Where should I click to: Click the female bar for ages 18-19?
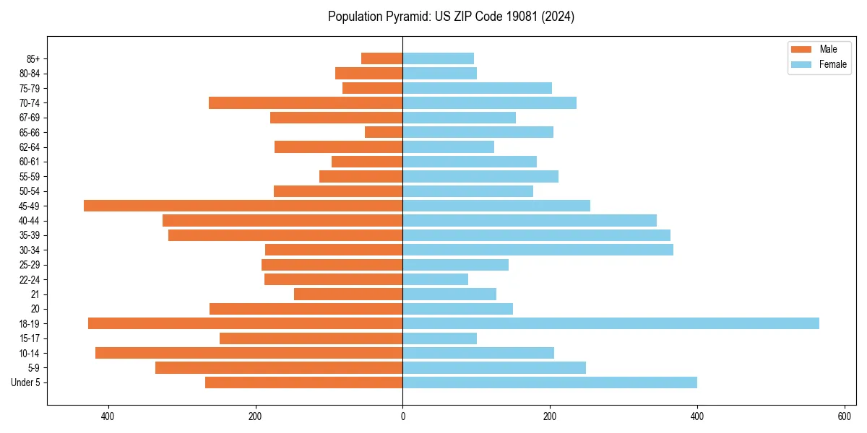click(x=611, y=323)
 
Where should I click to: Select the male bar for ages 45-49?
click(x=243, y=206)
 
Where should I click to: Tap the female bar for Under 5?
click(x=549, y=382)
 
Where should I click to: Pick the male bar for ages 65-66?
click(x=384, y=132)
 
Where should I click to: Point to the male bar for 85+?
click(x=381, y=58)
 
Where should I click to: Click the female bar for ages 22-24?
click(x=435, y=279)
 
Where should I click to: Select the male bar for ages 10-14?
click(x=249, y=353)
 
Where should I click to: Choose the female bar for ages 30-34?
click(x=538, y=250)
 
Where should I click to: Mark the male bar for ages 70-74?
click(x=306, y=102)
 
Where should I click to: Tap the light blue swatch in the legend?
click(x=801, y=64)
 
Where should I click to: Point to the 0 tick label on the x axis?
click(x=402, y=416)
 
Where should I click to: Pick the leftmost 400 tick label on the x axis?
click(x=108, y=416)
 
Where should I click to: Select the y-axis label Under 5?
click(x=26, y=382)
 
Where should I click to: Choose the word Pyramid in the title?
click(x=407, y=17)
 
